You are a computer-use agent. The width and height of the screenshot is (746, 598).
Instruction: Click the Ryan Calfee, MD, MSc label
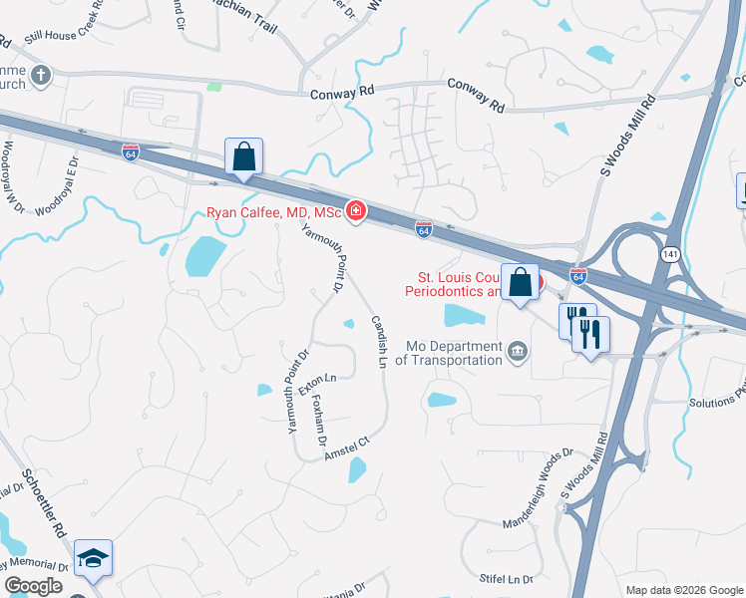(274, 211)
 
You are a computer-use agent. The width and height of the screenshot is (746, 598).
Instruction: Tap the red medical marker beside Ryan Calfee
(355, 210)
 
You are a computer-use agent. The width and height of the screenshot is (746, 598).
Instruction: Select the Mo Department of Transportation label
(454, 353)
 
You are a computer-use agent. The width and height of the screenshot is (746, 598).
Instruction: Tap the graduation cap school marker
(93, 559)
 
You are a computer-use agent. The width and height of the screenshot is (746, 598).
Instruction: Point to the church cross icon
(40, 75)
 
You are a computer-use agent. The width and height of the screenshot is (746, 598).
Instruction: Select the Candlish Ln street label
(379, 342)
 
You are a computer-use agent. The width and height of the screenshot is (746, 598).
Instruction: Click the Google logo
(34, 586)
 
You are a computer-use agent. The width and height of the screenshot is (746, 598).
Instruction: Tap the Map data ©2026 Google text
(684, 589)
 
